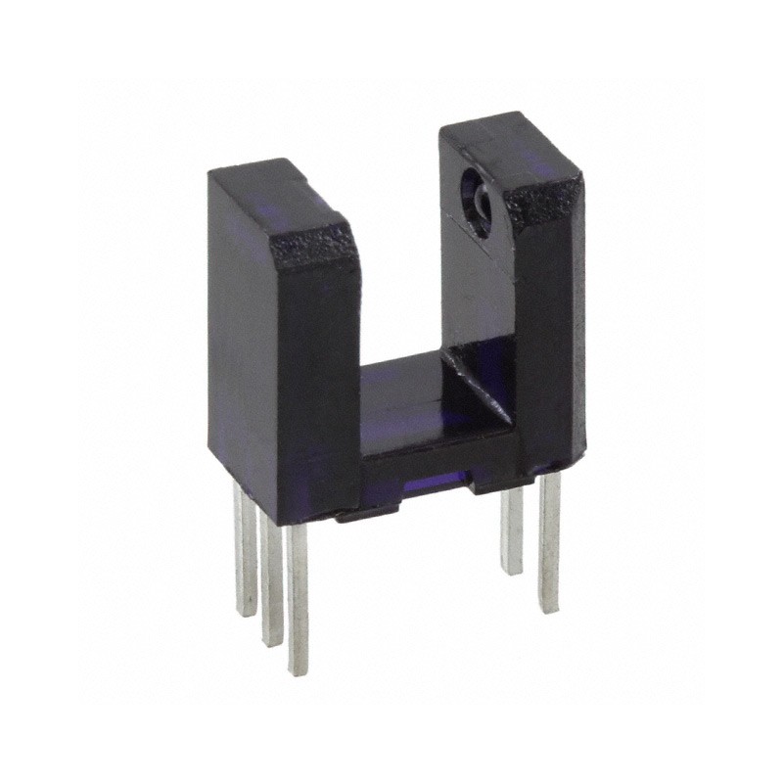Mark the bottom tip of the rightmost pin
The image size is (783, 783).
click(x=549, y=609)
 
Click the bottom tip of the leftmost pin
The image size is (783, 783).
click(x=246, y=613)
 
